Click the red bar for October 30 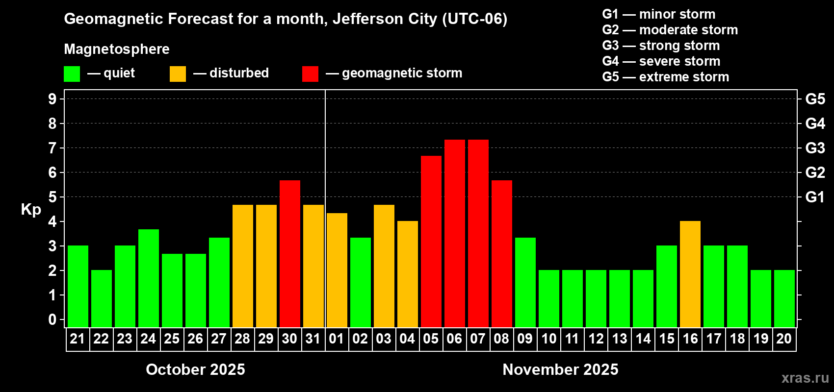289,254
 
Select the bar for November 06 454,233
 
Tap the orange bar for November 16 690,274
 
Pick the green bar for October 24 148,278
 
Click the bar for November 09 525,282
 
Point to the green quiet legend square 72,74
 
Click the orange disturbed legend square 178,74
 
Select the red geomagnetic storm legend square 310,74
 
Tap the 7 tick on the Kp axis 52,148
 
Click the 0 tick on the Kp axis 52,319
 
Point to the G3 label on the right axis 815,148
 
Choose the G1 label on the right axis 815,197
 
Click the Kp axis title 31,209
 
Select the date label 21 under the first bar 78,339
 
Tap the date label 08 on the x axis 501,339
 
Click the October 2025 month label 195,369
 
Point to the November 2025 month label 560,369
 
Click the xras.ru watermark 805,378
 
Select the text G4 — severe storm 661,61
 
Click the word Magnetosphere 117,49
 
